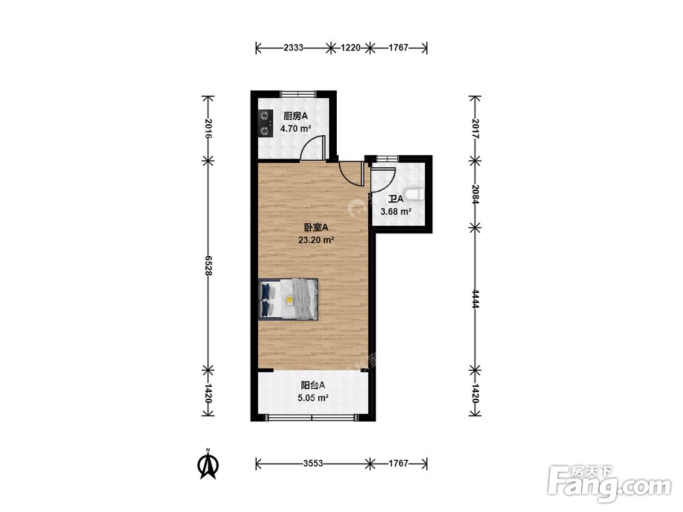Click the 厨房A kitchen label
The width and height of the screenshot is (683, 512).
295,116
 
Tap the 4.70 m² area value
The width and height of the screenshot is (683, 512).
295,129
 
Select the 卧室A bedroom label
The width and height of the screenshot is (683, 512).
316,227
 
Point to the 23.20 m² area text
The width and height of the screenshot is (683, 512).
316,240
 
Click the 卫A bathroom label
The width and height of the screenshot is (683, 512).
396,199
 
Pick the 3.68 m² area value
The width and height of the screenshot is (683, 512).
396,212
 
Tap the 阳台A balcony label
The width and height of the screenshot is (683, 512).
313,385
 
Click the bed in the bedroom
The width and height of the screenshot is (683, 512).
288,299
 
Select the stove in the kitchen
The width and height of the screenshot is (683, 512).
264,123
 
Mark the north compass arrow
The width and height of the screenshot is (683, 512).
208,465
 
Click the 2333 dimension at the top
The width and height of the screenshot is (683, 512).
293,48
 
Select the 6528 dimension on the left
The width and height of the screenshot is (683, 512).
208,265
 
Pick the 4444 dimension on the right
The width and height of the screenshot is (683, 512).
475,299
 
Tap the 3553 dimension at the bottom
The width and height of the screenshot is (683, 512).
313,464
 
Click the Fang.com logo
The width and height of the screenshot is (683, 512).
609,483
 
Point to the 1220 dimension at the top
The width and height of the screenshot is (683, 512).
350,48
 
